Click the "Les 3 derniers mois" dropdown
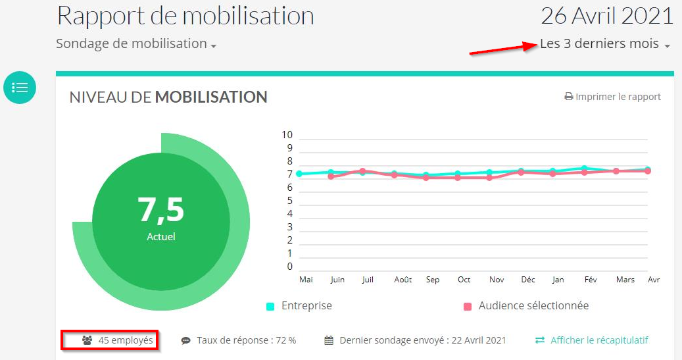604,45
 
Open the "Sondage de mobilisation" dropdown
136,44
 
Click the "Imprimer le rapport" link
612,97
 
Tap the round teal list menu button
20,88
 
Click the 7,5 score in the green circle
161,209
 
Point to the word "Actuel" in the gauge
161,236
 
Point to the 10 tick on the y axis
287,135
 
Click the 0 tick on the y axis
289,267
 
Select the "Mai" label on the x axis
306,280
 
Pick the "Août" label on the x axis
403,280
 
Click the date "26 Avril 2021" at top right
607,16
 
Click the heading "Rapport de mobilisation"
185,16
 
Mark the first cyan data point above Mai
299,174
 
